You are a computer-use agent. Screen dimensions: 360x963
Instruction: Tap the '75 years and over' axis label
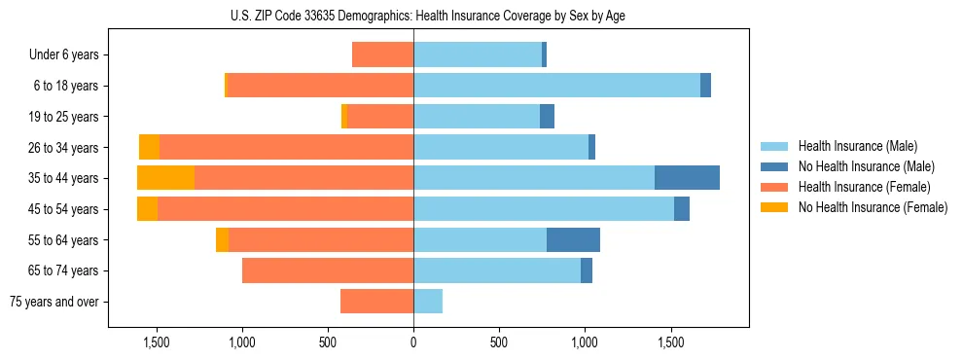[54, 302]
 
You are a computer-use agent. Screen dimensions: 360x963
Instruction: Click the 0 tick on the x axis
[413, 342]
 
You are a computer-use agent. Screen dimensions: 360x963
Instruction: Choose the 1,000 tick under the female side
[241, 342]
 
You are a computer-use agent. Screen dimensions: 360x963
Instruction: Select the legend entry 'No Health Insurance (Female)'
[873, 207]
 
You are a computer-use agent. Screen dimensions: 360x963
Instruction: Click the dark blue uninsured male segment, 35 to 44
[687, 178]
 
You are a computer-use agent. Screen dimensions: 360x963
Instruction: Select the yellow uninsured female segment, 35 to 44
[165, 178]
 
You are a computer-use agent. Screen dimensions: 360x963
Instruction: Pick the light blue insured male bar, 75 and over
[428, 302]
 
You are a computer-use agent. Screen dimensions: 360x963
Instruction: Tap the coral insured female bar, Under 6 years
[382, 55]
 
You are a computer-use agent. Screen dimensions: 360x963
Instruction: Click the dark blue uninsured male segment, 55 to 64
[573, 239]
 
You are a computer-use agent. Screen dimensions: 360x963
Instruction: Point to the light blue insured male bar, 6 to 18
[556, 86]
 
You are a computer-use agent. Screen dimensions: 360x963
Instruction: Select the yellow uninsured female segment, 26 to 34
[149, 147]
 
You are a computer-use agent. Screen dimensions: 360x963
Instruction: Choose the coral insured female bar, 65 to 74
[328, 270]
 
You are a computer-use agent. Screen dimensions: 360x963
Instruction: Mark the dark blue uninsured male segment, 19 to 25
[547, 117]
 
